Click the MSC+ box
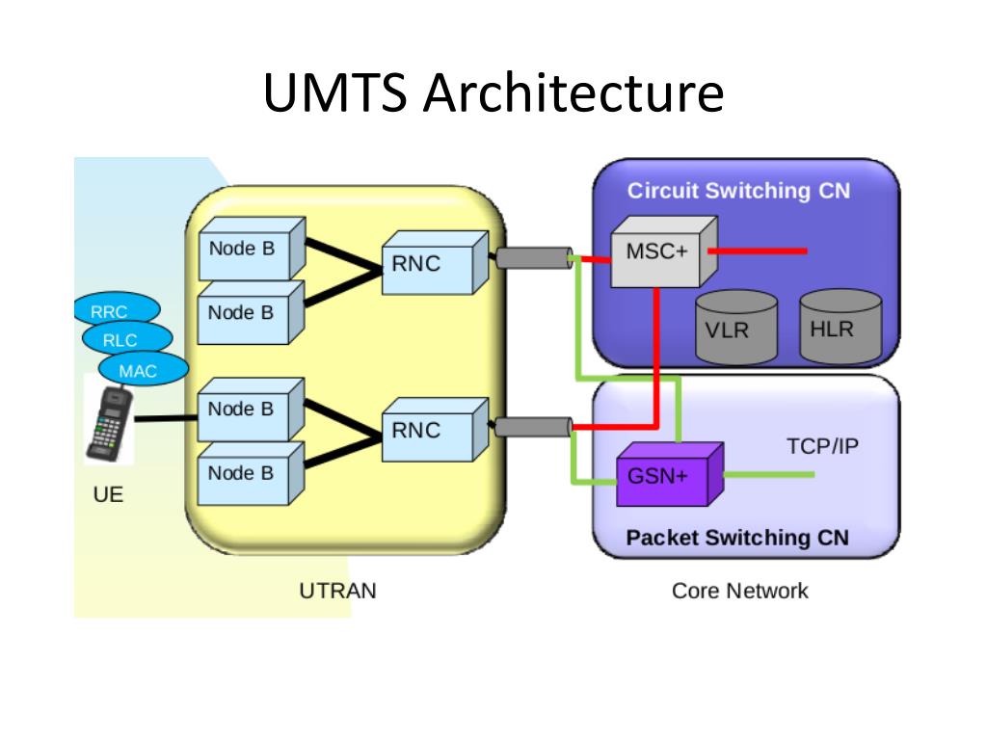point(663,252)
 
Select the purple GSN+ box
point(669,474)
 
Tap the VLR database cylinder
point(735,328)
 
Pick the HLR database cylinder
point(840,326)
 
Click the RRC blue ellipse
point(117,309)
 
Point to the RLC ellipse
point(127,338)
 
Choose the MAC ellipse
point(144,369)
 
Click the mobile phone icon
point(110,424)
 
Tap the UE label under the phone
point(108,494)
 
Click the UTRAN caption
point(338,591)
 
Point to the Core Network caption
point(739,591)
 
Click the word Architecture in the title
point(574,92)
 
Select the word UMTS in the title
point(335,92)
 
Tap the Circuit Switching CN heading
point(738,191)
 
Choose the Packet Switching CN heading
point(737,538)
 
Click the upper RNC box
point(435,262)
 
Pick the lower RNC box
point(435,430)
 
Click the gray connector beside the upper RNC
point(534,258)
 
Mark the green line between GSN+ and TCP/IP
point(769,474)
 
